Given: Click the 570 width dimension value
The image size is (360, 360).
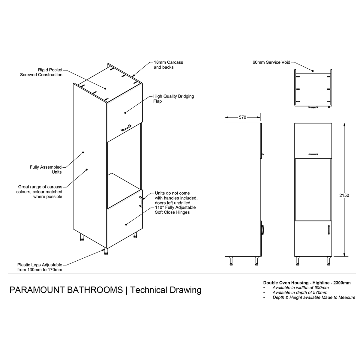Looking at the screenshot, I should coord(242,117).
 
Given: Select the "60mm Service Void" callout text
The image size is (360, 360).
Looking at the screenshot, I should coord(271,62).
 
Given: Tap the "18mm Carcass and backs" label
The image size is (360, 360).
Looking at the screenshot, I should coord(168,65).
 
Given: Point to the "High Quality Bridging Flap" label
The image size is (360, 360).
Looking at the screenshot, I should coord(173,99).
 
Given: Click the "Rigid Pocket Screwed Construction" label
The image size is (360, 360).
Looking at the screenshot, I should coord(41,72).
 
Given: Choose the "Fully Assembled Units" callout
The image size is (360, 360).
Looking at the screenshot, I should coord(46,169).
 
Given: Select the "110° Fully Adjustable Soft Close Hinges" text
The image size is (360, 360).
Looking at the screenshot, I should coord(175,210).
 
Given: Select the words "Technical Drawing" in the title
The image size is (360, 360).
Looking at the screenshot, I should coord(166,290).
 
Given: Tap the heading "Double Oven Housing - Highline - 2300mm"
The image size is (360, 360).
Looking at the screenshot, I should coord(307,283).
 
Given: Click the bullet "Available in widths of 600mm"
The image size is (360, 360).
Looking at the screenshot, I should coord(296,288).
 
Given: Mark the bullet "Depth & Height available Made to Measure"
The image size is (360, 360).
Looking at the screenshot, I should coord(314,298).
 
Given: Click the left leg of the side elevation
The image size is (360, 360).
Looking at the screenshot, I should coord(231,261).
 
